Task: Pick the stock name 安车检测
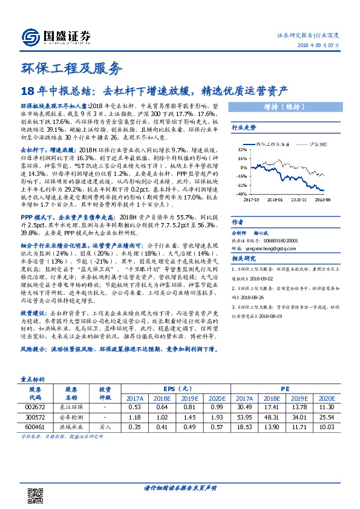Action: [71, 417]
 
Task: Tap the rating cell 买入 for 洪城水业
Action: [105, 426]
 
